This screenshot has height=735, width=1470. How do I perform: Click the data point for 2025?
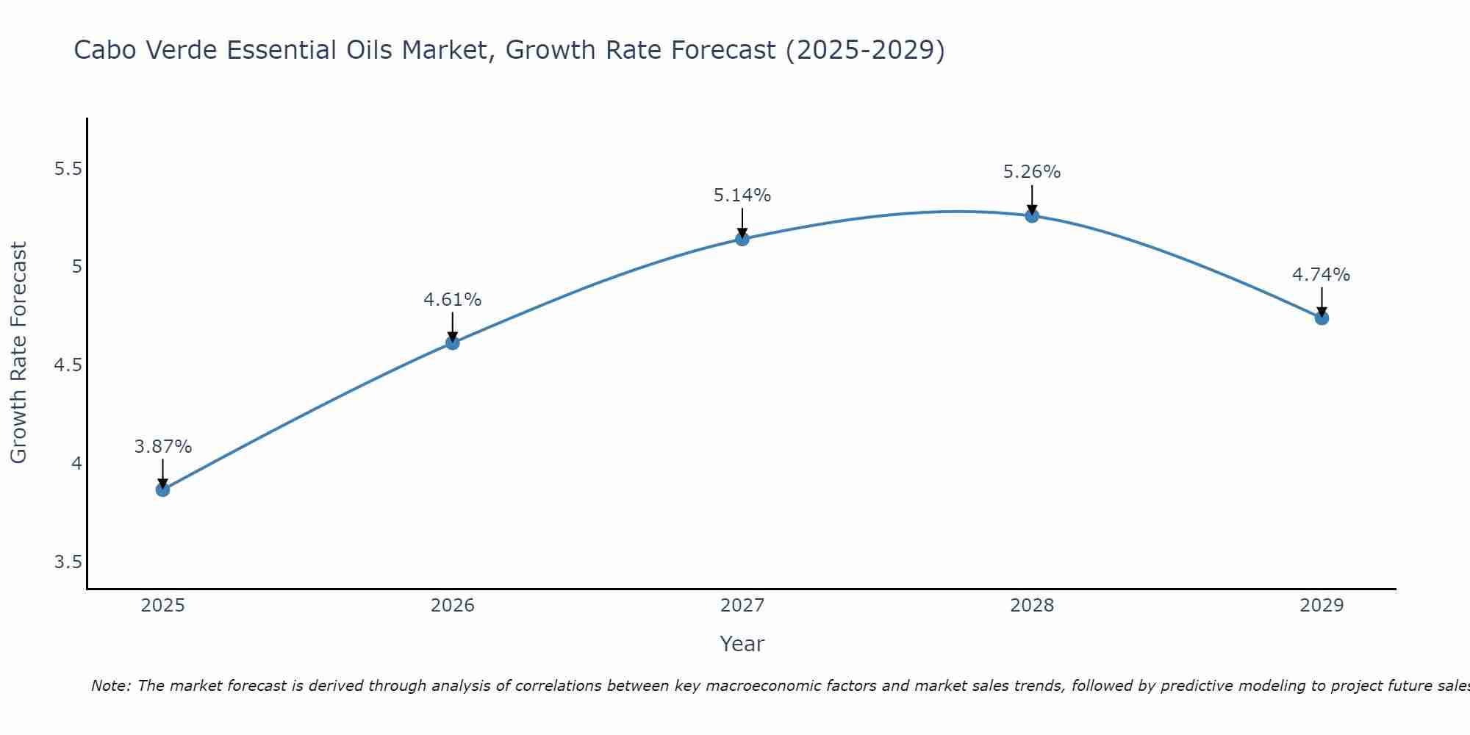pyautogui.click(x=162, y=490)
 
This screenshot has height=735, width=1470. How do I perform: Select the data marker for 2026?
pyautogui.click(x=452, y=343)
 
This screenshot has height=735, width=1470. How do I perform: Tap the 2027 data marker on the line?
pyautogui.click(x=742, y=239)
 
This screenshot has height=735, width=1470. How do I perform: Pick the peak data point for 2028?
pyautogui.click(x=1032, y=215)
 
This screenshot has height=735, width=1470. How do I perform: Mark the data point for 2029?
pyautogui.click(x=1322, y=318)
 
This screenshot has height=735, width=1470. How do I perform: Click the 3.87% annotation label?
pyautogui.click(x=163, y=447)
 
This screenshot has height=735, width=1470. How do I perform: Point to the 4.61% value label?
pyautogui.click(x=452, y=300)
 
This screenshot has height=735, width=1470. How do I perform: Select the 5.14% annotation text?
pyautogui.click(x=742, y=196)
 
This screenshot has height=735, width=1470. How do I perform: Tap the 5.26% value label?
pyautogui.click(x=1032, y=172)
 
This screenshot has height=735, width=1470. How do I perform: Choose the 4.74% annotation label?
pyautogui.click(x=1321, y=275)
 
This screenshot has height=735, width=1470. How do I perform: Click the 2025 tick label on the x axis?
pyautogui.click(x=162, y=606)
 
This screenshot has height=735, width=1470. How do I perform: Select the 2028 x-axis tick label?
pyautogui.click(x=1032, y=606)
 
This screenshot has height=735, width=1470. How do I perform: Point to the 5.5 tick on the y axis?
pyautogui.click(x=68, y=169)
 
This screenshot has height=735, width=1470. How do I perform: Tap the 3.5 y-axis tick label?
pyautogui.click(x=68, y=562)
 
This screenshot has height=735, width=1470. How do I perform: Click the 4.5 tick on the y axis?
pyautogui.click(x=68, y=365)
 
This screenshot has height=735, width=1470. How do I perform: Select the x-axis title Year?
pyautogui.click(x=742, y=644)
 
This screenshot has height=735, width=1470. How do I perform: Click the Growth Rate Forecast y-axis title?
pyautogui.click(x=19, y=353)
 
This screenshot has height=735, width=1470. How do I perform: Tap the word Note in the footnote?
pyautogui.click(x=110, y=686)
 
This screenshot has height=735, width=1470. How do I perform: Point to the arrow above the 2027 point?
pyautogui.click(x=742, y=223)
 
